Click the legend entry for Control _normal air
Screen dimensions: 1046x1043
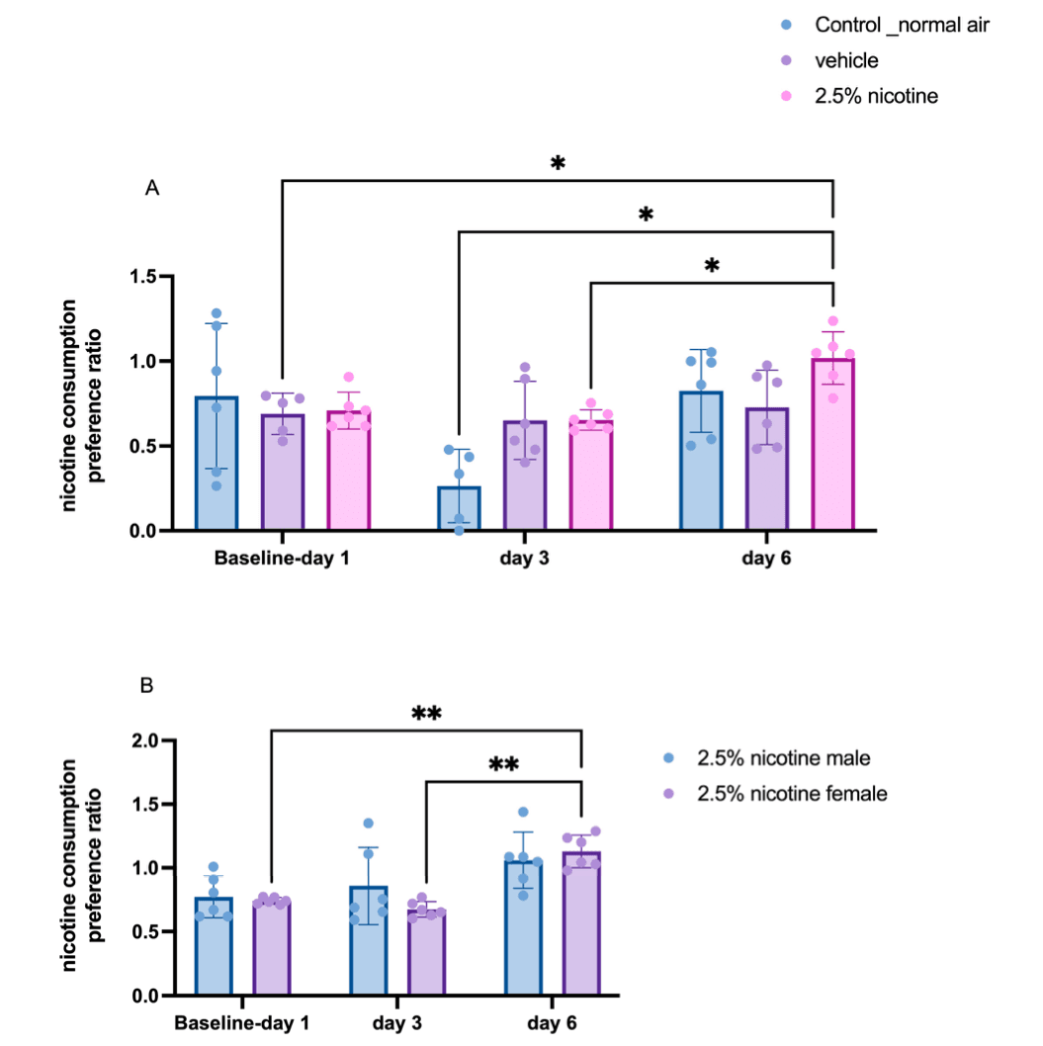(900, 25)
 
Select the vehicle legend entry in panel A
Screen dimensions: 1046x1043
(845, 60)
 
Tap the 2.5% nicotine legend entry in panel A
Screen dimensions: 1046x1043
(875, 96)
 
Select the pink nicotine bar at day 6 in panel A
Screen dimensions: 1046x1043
(833, 445)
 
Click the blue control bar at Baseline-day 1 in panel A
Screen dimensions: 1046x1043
(217, 464)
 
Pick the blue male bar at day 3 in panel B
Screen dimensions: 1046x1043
(368, 940)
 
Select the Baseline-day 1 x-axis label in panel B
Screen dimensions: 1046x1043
(241, 1023)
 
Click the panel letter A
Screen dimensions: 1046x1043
(152, 188)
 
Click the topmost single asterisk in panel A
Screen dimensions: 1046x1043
(558, 163)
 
